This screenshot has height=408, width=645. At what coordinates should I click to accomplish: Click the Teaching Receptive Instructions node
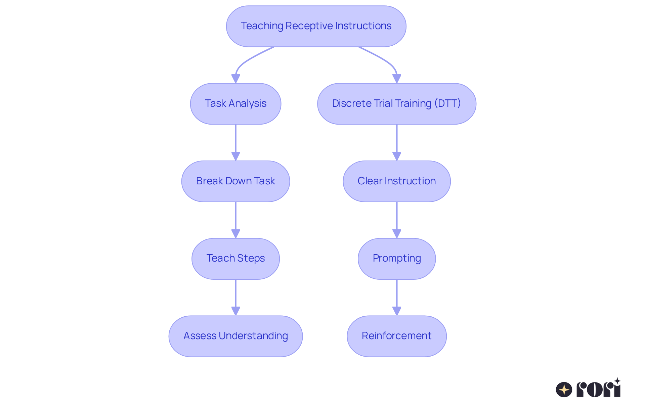[316, 26]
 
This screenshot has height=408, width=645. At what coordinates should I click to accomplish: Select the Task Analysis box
[235, 104]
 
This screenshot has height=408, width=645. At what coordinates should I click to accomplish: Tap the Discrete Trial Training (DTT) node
[396, 104]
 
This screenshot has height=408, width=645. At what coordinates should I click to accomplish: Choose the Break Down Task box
[235, 181]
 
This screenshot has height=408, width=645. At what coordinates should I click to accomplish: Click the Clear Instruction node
[396, 181]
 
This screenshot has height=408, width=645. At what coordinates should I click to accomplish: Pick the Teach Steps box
[235, 259]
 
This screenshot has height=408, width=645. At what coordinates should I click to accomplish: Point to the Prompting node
[396, 259]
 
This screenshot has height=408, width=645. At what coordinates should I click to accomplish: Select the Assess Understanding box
[235, 336]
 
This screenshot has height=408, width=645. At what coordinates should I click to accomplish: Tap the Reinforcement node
[396, 336]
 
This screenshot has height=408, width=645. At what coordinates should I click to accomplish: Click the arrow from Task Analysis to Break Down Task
[235, 141]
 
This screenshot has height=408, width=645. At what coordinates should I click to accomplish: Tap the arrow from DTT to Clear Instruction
[397, 141]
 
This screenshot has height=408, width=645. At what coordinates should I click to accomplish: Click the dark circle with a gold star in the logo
[564, 390]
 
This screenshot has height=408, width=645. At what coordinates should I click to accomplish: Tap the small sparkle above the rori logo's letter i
[617, 381]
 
